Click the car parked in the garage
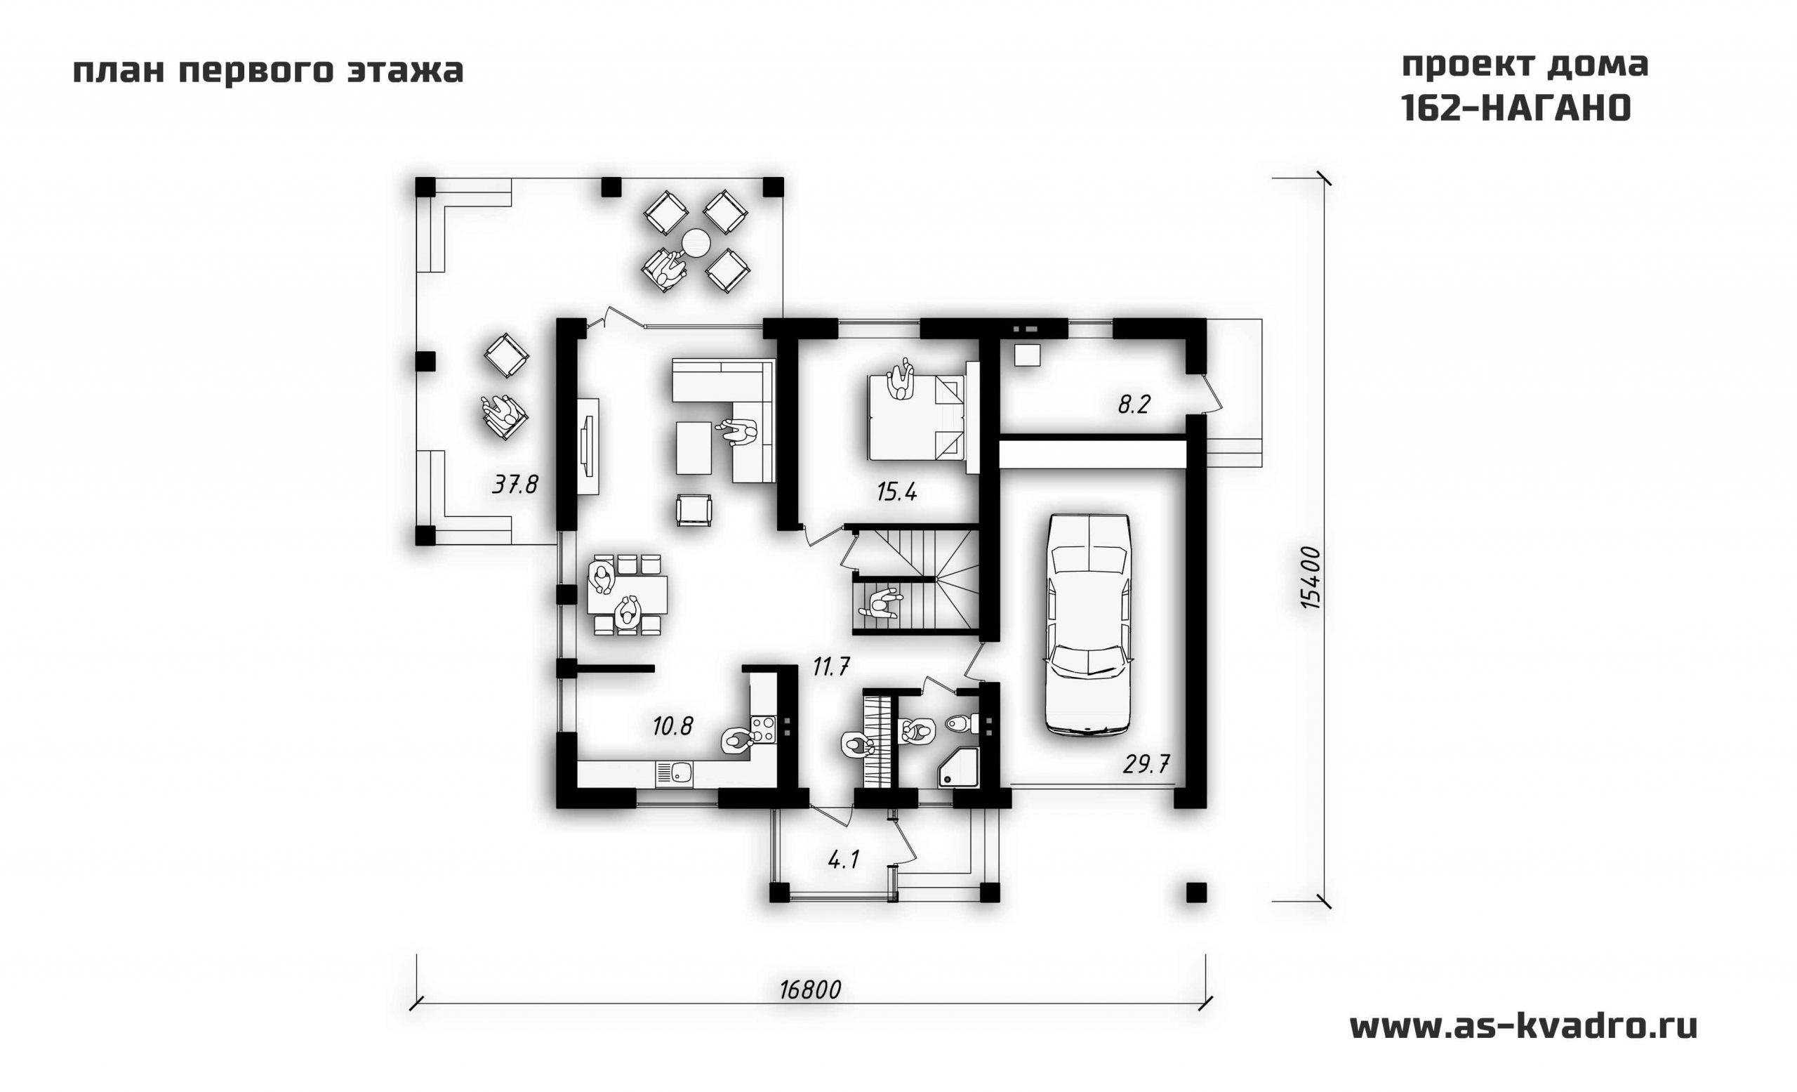(x=1088, y=624)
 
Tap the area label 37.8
(x=515, y=484)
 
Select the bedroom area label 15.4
(x=896, y=492)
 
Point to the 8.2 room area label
(x=1134, y=405)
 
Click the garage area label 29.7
(x=1146, y=764)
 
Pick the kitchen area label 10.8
(x=672, y=726)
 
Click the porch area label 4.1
(x=843, y=860)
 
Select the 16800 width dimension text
(x=809, y=990)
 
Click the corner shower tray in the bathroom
(x=958, y=768)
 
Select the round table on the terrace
(x=696, y=242)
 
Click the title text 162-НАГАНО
(x=1516, y=109)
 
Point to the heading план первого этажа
(x=268, y=72)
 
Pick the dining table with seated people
(x=628, y=595)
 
